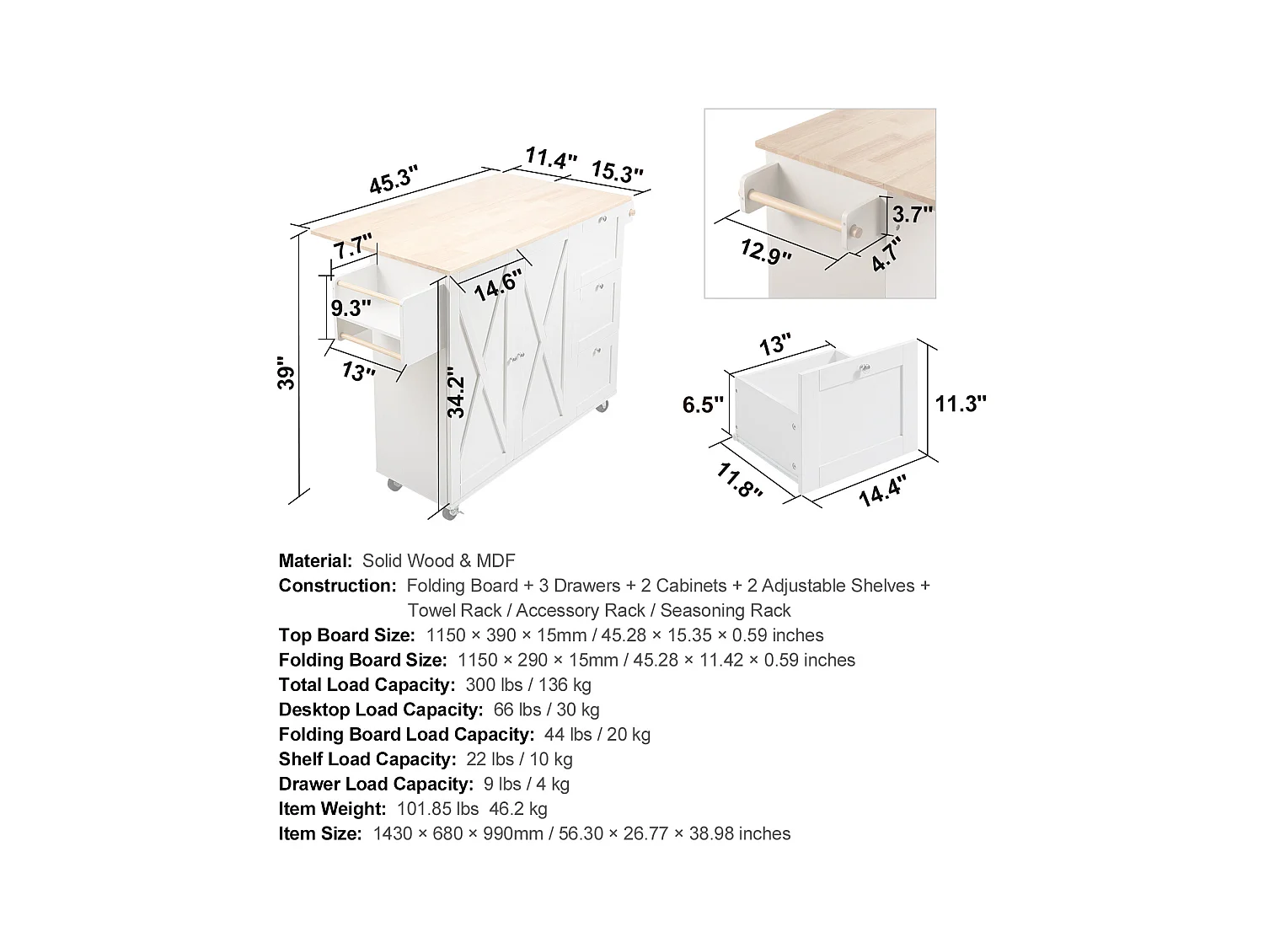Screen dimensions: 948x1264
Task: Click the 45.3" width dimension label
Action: (394, 179)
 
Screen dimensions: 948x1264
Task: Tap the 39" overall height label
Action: (287, 376)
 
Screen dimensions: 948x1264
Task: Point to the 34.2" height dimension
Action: (456, 393)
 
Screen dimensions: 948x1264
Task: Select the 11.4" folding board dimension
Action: (551, 158)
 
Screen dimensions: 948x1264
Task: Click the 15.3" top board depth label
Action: (617, 172)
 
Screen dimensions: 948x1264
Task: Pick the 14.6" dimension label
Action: (497, 284)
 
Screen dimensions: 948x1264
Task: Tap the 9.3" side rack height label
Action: (349, 308)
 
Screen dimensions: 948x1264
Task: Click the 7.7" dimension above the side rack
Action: (351, 248)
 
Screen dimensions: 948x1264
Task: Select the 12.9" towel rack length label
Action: (765, 251)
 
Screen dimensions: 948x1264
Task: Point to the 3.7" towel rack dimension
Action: (913, 214)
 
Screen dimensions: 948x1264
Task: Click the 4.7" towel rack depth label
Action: (886, 254)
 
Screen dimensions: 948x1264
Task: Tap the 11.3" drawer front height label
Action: (960, 404)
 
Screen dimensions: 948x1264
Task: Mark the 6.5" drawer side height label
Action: (703, 405)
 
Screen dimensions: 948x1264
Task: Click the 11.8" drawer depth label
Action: (739, 481)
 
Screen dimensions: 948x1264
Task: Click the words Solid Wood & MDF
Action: (438, 560)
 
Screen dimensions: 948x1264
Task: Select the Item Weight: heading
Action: (332, 809)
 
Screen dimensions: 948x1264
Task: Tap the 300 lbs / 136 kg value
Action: (528, 685)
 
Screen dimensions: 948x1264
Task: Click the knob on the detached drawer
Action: (862, 367)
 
